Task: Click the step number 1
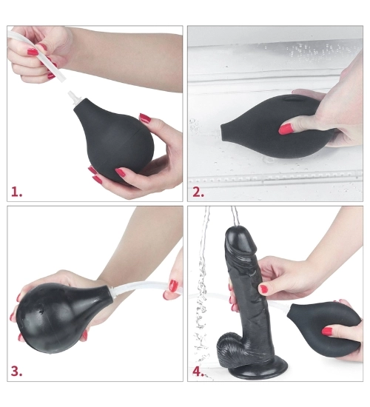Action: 16,192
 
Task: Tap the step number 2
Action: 198,192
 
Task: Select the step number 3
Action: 16,371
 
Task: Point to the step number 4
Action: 198,371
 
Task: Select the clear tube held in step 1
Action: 36,55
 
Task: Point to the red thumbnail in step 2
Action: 286,129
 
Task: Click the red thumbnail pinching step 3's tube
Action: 173,286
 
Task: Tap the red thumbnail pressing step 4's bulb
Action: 327,332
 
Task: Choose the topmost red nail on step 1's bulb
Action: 145,118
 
